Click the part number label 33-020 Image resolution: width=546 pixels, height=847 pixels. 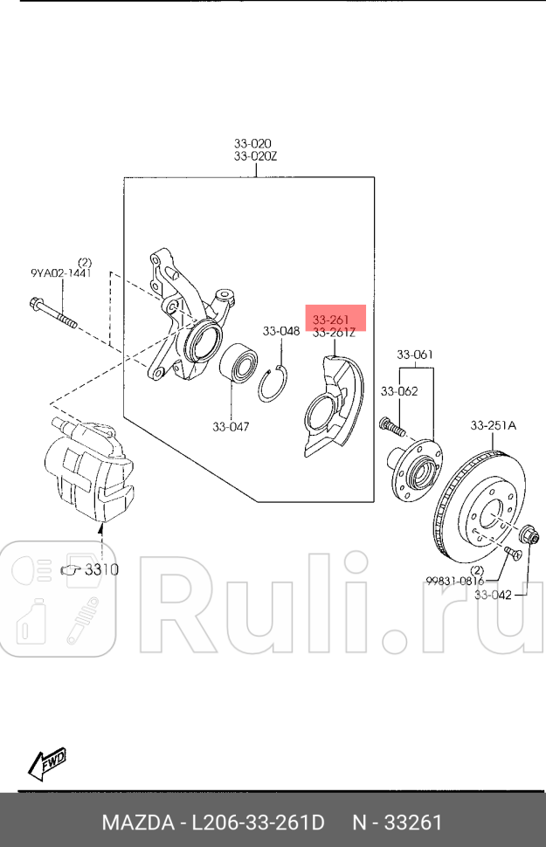coord(252,143)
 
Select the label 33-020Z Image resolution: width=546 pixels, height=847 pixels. coord(255,156)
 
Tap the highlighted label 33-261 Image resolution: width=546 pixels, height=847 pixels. coord(331,320)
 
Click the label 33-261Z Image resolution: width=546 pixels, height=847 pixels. coord(334,333)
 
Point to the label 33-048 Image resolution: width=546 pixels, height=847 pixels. coord(281,331)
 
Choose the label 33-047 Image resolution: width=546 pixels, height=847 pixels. coord(231,427)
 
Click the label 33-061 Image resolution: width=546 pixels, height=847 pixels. coord(415,355)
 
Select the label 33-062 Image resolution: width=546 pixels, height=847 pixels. coord(398,391)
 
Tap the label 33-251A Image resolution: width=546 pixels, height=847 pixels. coord(494,425)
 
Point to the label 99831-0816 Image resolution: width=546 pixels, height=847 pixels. coord(455,580)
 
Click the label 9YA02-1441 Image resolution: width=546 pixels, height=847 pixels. coord(59,273)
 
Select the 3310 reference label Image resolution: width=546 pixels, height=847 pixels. coord(100,569)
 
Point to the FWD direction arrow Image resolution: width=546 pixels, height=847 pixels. coord(47,763)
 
